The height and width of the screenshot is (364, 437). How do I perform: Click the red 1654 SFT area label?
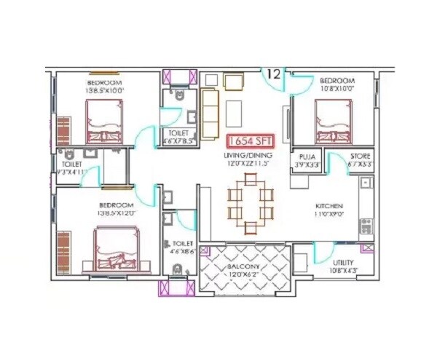click(250, 141)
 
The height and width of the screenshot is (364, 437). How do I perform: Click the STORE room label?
click(360, 157)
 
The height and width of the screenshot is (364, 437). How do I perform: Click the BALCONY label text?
click(245, 267)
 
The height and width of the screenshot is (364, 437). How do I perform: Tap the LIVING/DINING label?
click(248, 157)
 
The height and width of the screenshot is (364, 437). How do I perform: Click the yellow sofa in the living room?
click(210, 114)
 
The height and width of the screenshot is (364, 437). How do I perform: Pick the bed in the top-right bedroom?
click(336, 120)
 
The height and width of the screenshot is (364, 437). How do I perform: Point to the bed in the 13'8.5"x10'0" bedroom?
click(104, 120)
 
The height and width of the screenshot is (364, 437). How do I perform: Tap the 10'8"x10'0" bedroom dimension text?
click(336, 88)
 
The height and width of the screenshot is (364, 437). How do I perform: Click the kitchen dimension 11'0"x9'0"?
click(328, 215)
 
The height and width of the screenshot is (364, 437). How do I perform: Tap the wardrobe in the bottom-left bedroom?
click(64, 252)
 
